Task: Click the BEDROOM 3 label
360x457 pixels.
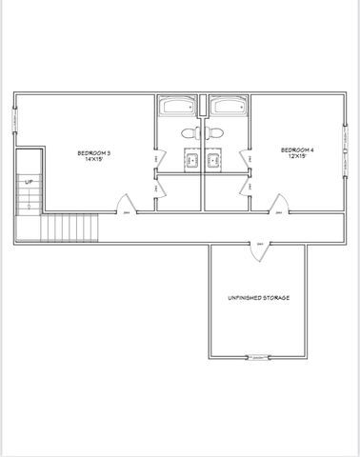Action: (x=95, y=153)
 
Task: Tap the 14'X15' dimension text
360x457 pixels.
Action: (x=95, y=160)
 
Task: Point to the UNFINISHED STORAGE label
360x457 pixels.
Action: (x=258, y=298)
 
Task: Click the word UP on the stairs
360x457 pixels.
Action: (x=29, y=181)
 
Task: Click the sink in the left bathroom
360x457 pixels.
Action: (x=189, y=161)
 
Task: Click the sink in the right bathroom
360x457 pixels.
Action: (x=215, y=161)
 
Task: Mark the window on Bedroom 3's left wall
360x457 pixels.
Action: (x=15, y=118)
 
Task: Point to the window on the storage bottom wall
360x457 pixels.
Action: (x=257, y=358)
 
